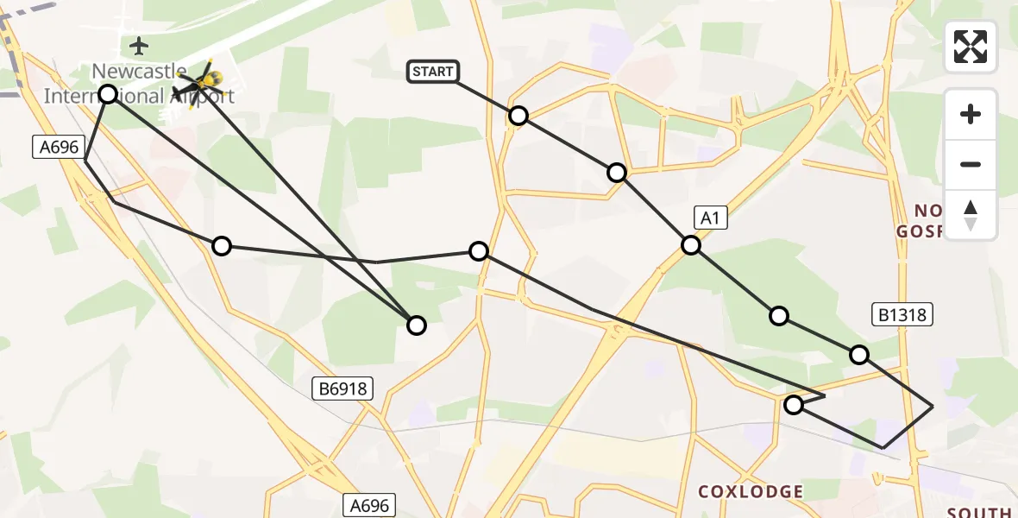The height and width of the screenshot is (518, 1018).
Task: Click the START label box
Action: [433, 72]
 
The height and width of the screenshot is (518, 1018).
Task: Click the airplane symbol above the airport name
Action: [139, 45]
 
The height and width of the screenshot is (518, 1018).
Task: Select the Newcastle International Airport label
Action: [139, 83]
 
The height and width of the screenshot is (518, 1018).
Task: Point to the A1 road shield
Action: [709, 218]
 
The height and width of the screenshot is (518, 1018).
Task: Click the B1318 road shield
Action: [902, 314]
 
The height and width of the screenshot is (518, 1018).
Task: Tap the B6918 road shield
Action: [342, 389]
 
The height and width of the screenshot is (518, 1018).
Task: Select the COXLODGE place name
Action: [751, 491]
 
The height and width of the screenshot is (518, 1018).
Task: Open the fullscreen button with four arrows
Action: [971, 47]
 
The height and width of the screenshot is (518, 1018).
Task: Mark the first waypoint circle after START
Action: [518, 116]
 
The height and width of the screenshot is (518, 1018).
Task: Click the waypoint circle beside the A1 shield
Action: [691, 245]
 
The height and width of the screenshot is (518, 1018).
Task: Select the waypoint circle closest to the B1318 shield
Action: [859, 354]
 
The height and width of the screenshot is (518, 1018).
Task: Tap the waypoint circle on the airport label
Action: [108, 93]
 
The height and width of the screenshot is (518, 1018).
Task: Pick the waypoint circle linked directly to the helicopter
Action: [417, 325]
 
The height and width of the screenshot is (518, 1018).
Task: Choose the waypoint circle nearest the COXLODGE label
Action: [794, 404]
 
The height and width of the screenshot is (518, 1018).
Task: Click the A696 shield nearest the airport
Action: [59, 147]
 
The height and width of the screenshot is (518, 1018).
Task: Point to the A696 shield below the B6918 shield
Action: [370, 505]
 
